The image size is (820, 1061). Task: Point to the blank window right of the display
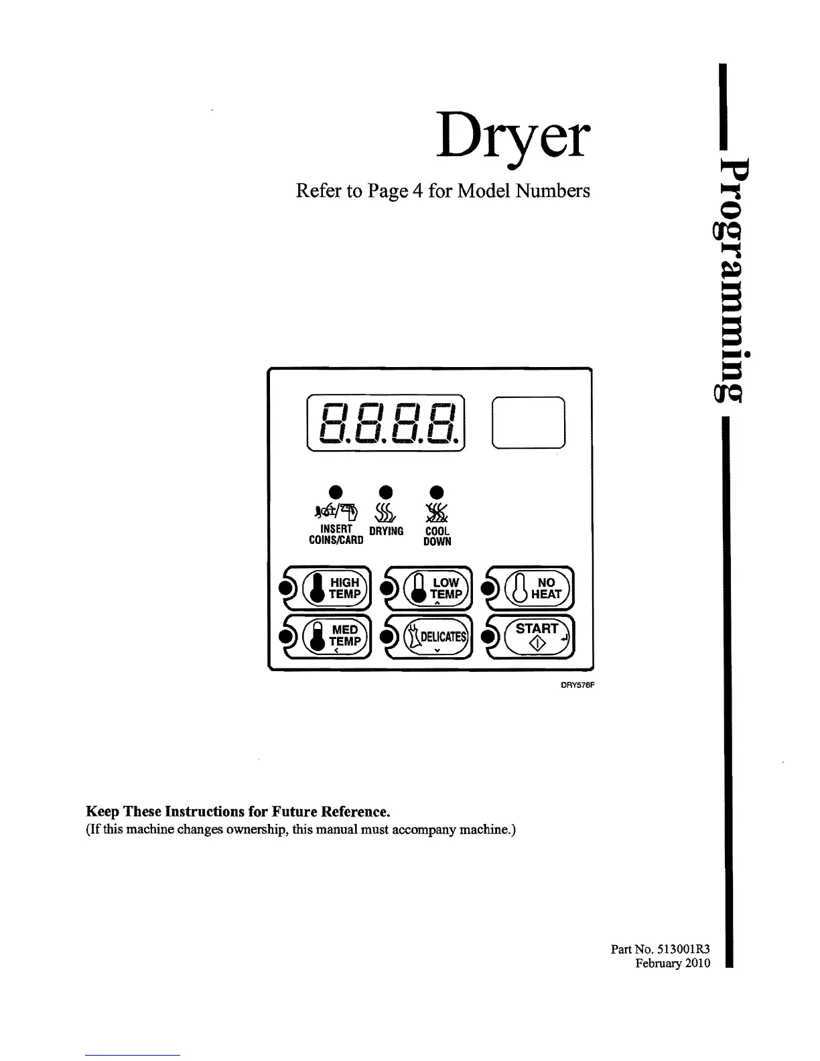(529, 423)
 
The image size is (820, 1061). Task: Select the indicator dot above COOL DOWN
(436, 489)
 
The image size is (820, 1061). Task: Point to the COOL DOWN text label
(437, 536)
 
